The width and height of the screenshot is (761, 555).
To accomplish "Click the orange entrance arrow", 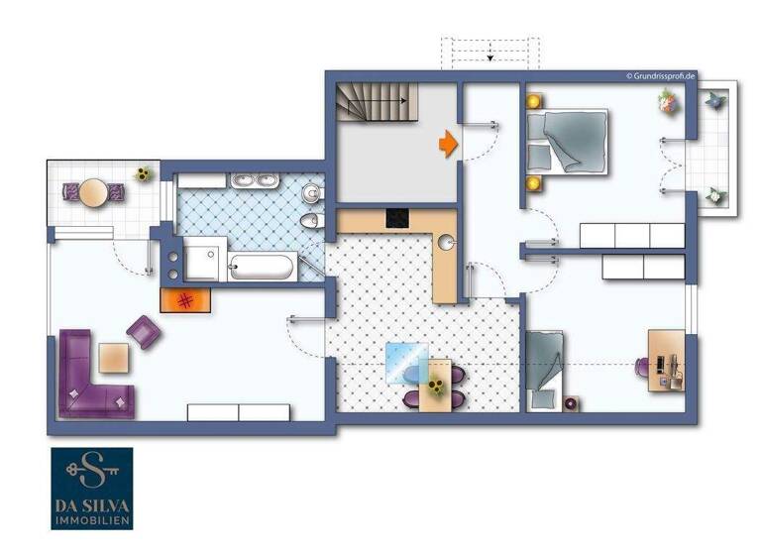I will (x=449, y=144).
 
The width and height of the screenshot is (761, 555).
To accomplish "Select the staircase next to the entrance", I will (x=372, y=102).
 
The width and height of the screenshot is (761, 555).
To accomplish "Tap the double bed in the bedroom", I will (x=567, y=141).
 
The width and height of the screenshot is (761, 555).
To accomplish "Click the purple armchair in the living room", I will (x=145, y=332).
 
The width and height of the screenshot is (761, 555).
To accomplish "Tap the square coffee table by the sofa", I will (x=114, y=356).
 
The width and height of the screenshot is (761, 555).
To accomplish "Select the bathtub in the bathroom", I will (x=261, y=267).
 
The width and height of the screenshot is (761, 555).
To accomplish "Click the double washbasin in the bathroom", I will (x=257, y=182).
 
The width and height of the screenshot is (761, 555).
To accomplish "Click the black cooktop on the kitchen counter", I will (x=397, y=218).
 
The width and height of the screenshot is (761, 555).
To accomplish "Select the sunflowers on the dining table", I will (x=436, y=385).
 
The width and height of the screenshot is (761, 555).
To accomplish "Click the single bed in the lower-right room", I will (x=544, y=369).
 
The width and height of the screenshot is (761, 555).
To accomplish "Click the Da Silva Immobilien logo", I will (x=92, y=488).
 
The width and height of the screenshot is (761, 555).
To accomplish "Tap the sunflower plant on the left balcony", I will (x=144, y=174).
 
